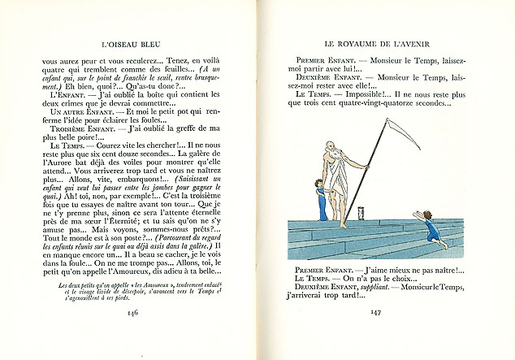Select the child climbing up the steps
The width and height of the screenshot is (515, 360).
[428, 225]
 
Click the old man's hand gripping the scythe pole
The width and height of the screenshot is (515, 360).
[367, 171]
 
